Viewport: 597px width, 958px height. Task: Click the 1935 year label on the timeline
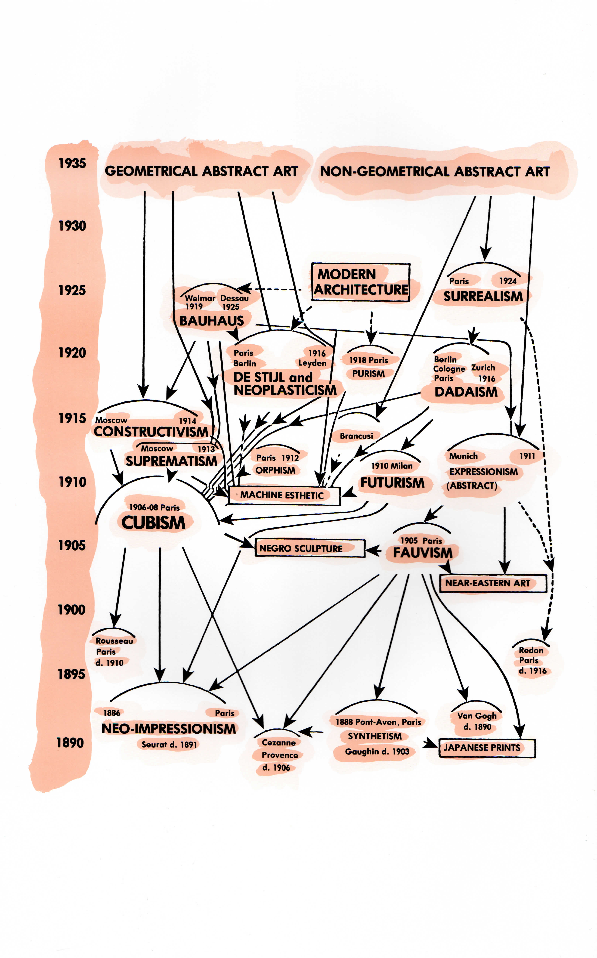72,163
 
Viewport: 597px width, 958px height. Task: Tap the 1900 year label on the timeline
71,610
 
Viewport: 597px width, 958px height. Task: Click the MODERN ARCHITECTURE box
360,282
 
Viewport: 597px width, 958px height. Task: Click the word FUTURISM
392,483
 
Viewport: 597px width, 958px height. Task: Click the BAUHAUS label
212,321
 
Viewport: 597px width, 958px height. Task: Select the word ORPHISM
275,470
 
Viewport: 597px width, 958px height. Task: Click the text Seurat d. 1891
169,745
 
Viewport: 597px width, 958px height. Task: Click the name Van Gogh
477,716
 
